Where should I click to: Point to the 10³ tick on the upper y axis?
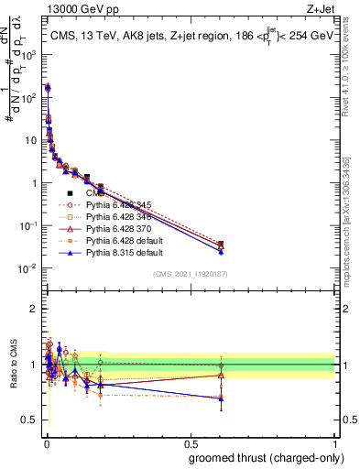tap(32, 54)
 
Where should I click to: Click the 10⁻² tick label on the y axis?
tap(29, 268)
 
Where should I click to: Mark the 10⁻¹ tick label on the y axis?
tap(29, 225)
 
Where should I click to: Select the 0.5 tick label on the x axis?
tap(190, 442)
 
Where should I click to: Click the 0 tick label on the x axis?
tap(44, 442)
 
